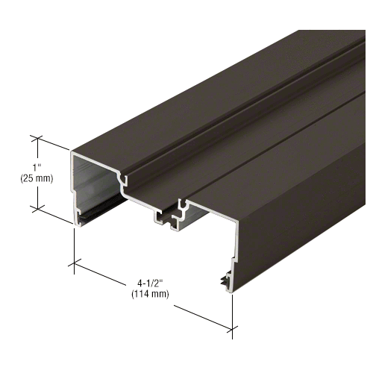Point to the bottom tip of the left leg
point(77,222)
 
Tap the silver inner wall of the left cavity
point(97,186)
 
